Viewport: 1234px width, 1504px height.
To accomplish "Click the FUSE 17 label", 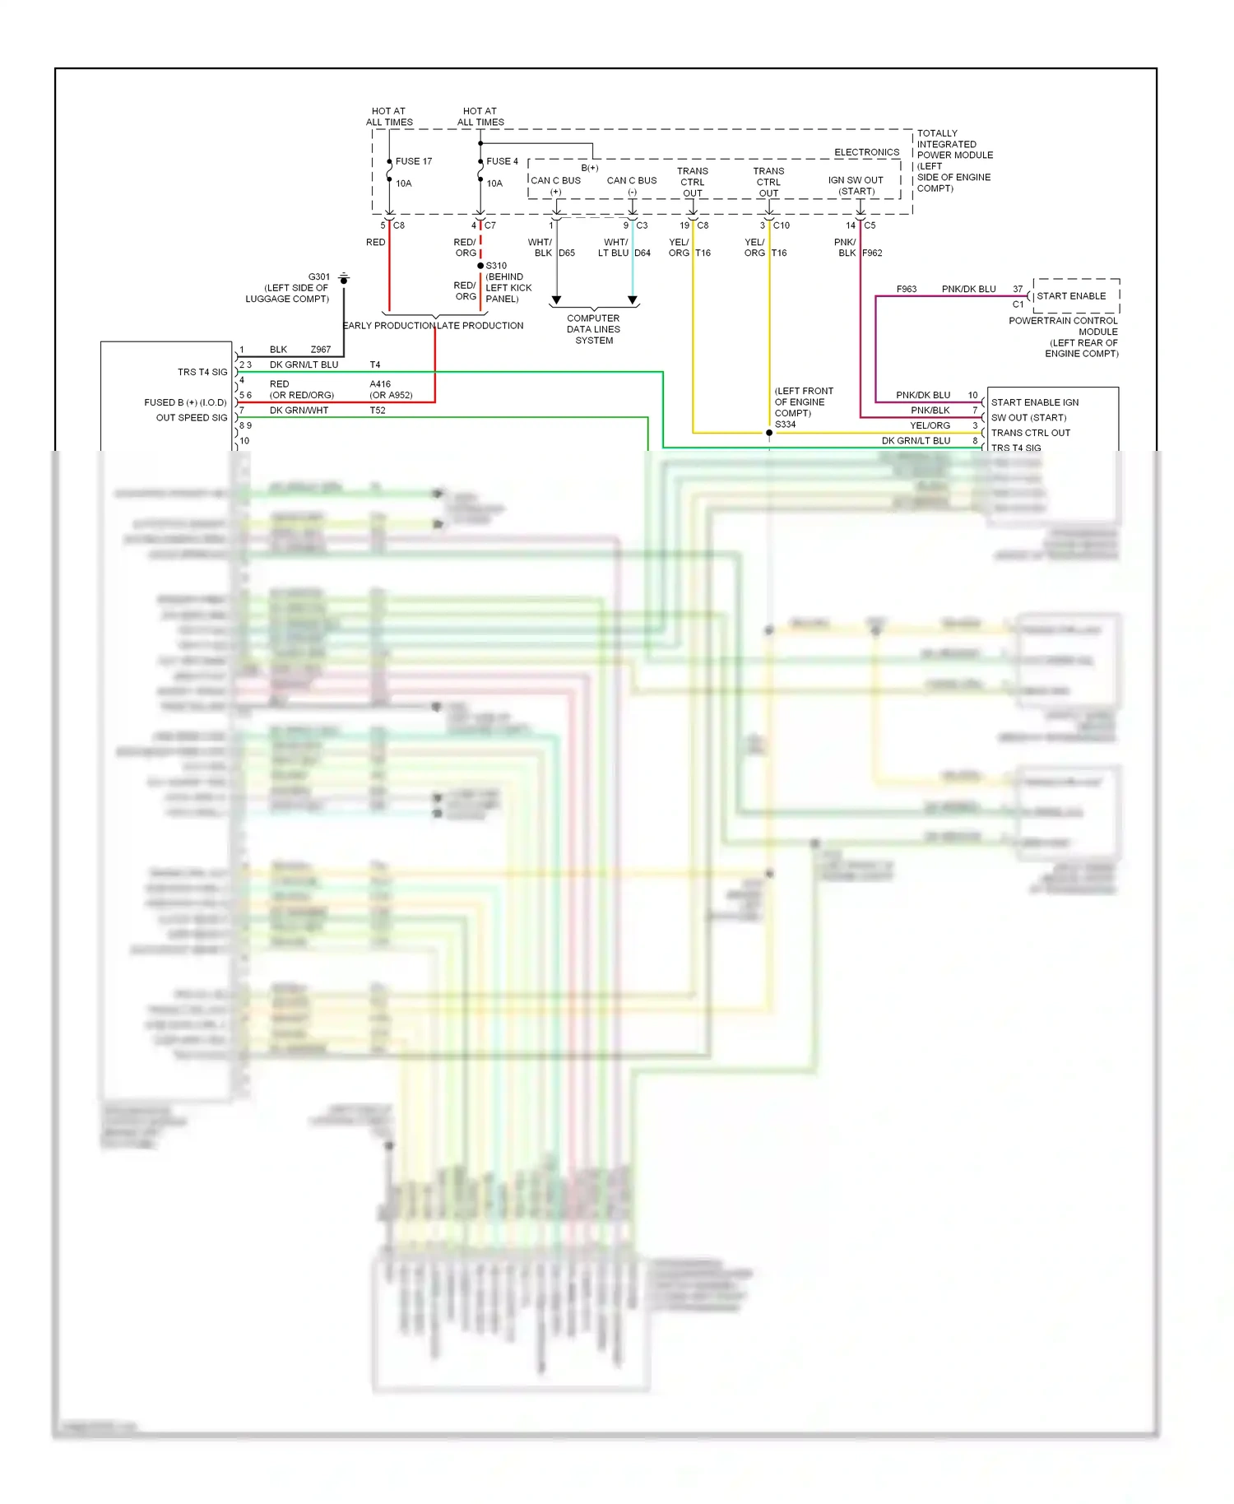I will coord(413,161).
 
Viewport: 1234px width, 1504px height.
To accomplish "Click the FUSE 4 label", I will coord(502,161).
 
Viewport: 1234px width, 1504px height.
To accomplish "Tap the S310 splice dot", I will coord(480,266).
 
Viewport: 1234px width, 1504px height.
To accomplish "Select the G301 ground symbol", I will coord(344,280).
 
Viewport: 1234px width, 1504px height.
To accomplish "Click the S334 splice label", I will coord(785,425).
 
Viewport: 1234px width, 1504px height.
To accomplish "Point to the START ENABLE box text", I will coord(1071,296).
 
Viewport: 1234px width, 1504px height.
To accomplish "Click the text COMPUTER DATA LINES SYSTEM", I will coord(593,329).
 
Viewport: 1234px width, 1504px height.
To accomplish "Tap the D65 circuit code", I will coord(567,253).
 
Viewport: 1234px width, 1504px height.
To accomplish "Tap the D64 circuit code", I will coord(643,253).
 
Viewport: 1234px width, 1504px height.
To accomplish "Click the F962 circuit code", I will coord(872,253).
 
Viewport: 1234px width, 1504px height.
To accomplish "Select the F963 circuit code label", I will coord(906,290).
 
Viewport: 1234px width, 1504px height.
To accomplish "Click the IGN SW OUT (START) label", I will coord(856,186).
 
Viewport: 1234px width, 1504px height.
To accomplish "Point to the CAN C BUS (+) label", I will coord(555,186).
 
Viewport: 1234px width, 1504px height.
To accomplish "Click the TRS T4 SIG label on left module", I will coord(202,372).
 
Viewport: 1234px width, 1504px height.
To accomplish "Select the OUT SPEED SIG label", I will coord(191,418).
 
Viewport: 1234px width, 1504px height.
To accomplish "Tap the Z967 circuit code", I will coord(320,350).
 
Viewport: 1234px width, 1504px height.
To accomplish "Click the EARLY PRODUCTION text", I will coord(388,326).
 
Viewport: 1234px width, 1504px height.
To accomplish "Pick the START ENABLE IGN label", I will coord(1034,402).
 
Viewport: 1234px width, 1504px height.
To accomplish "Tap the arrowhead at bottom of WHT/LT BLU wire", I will coord(632,300).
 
